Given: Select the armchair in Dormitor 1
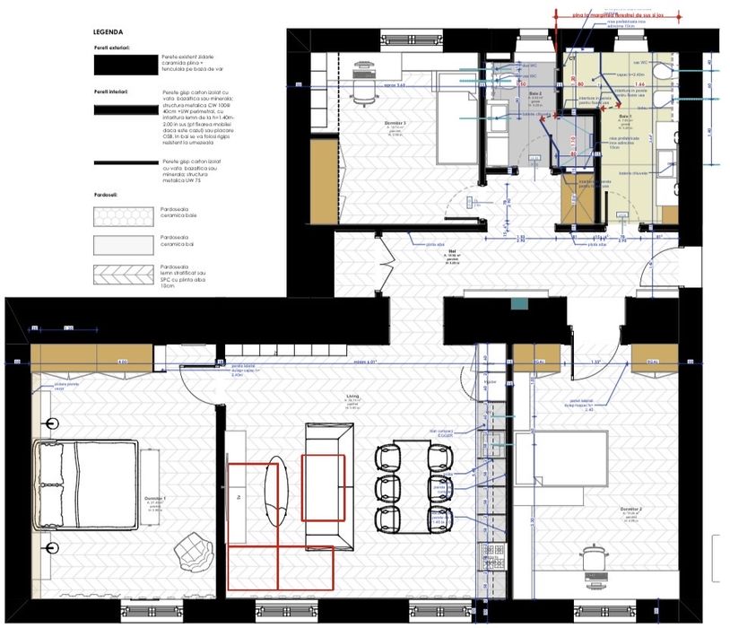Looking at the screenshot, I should coord(193,548).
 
